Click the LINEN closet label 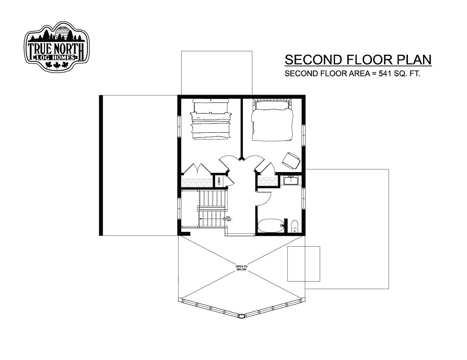tap(219, 181)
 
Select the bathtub tap(271, 226)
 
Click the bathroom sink tap(291, 180)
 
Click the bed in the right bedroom tap(272, 120)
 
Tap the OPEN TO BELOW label tap(241, 268)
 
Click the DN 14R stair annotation tap(228, 219)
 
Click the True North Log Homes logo tap(57, 46)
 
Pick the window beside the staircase tap(179, 208)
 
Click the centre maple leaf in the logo tap(57, 65)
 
